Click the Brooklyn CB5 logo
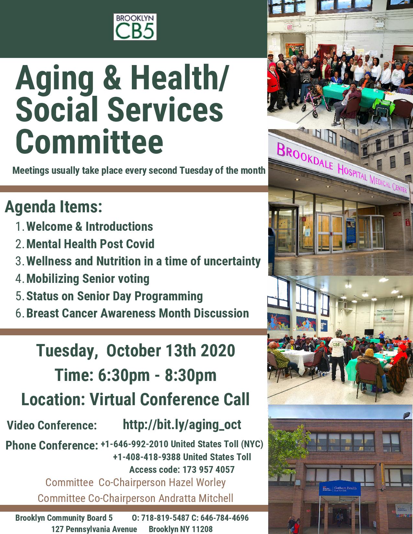point(135,27)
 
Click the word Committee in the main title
point(89,142)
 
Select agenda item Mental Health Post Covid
point(90,244)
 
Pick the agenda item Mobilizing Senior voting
point(88,279)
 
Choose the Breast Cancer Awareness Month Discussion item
point(137,313)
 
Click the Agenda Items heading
point(53,207)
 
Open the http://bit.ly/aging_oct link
point(182,425)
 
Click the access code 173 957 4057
point(209,470)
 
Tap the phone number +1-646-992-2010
point(134,444)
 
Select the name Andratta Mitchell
point(196,498)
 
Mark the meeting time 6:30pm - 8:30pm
point(157,375)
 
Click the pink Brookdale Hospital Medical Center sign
point(342,169)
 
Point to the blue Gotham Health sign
point(340,488)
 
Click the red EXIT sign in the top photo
point(290,27)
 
